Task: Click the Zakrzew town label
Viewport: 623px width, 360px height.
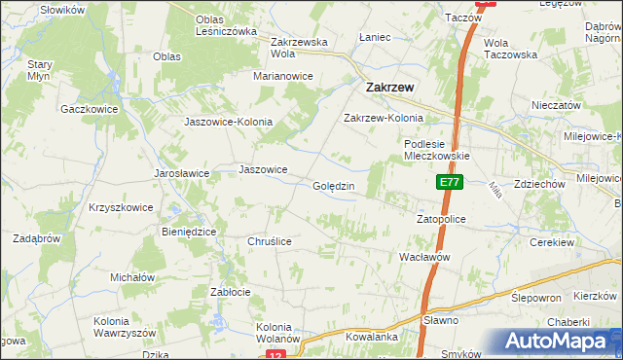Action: click(388, 87)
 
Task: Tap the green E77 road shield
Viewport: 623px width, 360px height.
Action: click(448, 182)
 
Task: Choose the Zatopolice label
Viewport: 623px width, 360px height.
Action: click(441, 220)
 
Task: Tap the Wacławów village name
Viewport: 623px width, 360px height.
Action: click(423, 256)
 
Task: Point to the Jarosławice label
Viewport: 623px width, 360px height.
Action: click(182, 173)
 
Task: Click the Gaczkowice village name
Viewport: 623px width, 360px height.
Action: click(89, 109)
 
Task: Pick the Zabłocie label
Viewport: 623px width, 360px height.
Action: click(231, 292)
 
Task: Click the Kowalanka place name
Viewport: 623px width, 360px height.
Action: click(372, 337)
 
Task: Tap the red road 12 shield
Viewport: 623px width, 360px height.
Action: click(275, 356)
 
